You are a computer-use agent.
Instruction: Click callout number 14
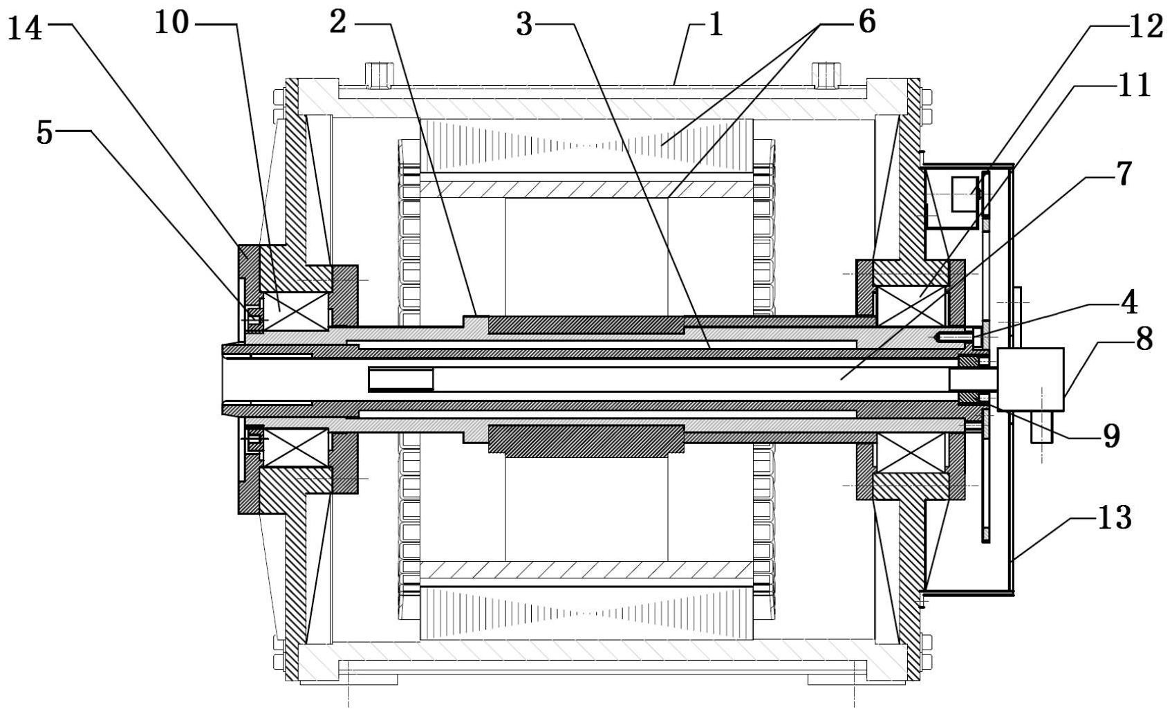[25, 28]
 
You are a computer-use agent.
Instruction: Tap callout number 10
[171, 24]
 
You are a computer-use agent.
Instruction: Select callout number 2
[338, 23]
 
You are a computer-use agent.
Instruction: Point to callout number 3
[525, 25]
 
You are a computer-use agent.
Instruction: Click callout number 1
[715, 25]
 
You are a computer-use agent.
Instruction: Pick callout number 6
[867, 22]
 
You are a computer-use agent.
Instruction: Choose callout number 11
[1133, 85]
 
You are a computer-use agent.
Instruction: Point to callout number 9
[1110, 435]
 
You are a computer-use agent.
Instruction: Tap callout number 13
[1115, 518]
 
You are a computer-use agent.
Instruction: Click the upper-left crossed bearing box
[295, 311]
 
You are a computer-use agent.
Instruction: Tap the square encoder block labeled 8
[1031, 379]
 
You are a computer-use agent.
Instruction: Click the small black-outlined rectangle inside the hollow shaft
[401, 379]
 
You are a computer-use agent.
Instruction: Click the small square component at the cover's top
[965, 194]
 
